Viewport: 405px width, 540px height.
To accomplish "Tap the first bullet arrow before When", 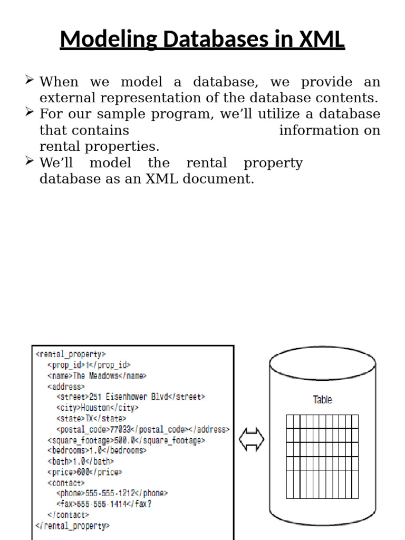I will (x=30, y=80).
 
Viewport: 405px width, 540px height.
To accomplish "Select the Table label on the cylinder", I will (x=322, y=400).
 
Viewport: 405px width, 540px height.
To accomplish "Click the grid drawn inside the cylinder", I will (x=322, y=456).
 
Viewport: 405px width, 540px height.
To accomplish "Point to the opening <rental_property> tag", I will (x=70, y=354).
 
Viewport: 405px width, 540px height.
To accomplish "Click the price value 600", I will (x=83, y=472).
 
